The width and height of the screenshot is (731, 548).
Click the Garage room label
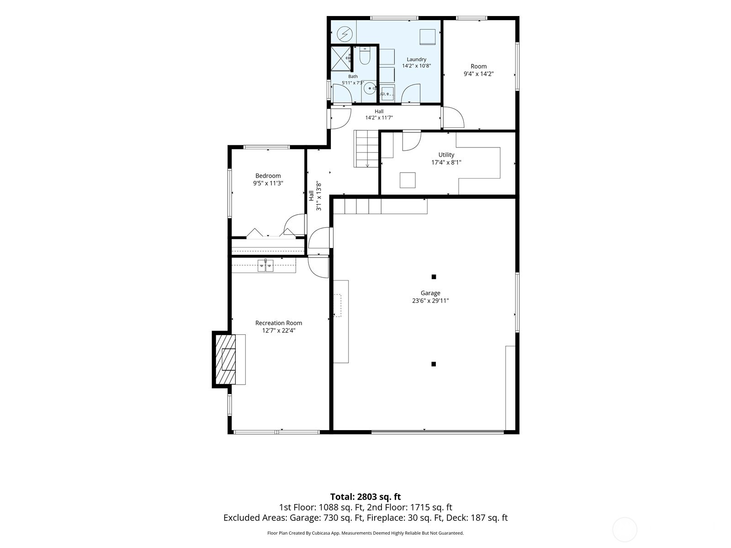(430, 293)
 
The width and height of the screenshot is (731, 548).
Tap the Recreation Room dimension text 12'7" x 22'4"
(279, 330)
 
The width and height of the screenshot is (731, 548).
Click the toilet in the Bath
(365, 56)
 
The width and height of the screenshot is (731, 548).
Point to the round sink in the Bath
(369, 89)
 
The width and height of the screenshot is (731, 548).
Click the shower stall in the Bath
(341, 58)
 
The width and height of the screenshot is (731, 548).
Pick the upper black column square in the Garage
(434, 276)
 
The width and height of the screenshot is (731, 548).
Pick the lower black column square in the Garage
(433, 364)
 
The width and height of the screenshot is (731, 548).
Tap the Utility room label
(446, 155)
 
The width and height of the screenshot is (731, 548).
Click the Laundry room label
(416, 59)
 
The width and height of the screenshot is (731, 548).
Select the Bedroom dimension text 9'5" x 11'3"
(268, 183)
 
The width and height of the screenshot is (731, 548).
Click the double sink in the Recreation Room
(265, 265)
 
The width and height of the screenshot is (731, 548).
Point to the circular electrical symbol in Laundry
(344, 34)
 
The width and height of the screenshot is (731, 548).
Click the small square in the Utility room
(408, 180)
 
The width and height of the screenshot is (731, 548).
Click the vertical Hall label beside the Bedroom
(311, 195)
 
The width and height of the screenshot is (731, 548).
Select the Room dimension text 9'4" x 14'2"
(478, 74)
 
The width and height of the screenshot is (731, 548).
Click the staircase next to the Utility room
(366, 149)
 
